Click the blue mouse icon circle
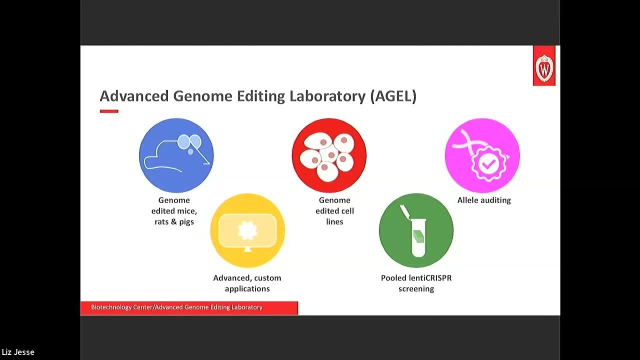pos(176,155)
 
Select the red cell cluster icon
pos(329,155)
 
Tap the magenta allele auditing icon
pos(482,155)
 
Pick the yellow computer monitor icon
pos(247,230)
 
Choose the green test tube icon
pos(416,230)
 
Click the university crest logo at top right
pos(544,66)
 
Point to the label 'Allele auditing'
pos(484,200)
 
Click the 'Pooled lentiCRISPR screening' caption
pos(416,283)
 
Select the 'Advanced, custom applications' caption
pos(247,283)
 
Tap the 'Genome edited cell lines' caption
pos(334,210)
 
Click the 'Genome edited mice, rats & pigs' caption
pos(174,210)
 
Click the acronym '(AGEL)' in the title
pos(393,96)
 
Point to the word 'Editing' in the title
pos(262,96)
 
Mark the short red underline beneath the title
pos(109,111)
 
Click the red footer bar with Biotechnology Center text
pos(189,307)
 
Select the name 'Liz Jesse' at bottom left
pos(18,352)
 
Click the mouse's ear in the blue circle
pos(184,142)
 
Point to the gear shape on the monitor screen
pos(247,230)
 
